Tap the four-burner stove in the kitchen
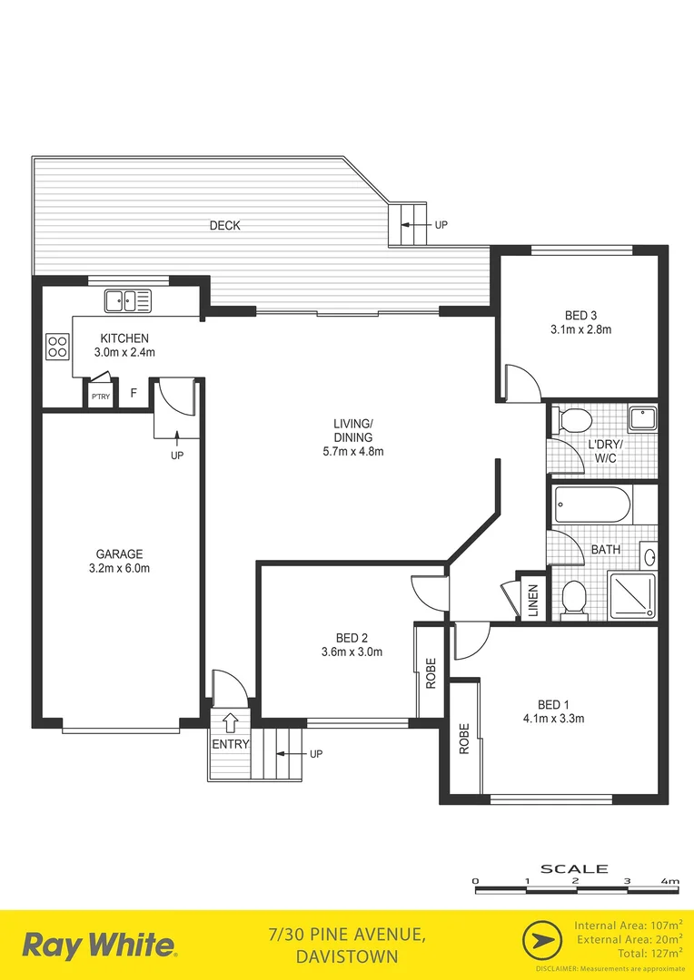coord(57,346)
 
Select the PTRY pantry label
coord(100,397)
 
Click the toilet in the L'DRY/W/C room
coord(573,419)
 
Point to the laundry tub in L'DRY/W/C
coord(643,417)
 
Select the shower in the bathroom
coord(633,596)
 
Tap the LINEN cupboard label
coord(533,600)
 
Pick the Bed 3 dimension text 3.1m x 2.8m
coord(580,329)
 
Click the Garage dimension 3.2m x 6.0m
coord(121,569)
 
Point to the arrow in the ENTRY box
coord(231,722)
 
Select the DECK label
coord(224,225)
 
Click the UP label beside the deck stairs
coord(441,225)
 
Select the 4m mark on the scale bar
coord(670,881)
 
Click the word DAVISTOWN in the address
coord(346,956)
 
